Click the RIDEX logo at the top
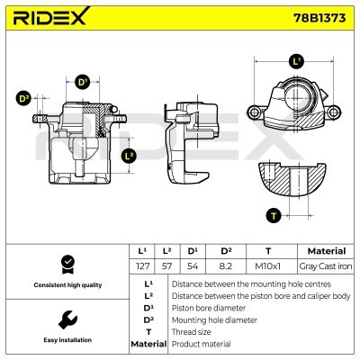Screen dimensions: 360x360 point(51,19)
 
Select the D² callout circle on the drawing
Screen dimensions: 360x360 point(23,98)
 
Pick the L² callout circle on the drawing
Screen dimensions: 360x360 point(128,156)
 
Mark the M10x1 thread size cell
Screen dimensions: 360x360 point(267,267)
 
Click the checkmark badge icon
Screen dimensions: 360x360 point(66,264)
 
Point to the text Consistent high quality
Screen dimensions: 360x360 point(66,285)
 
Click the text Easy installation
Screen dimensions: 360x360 point(66,340)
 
